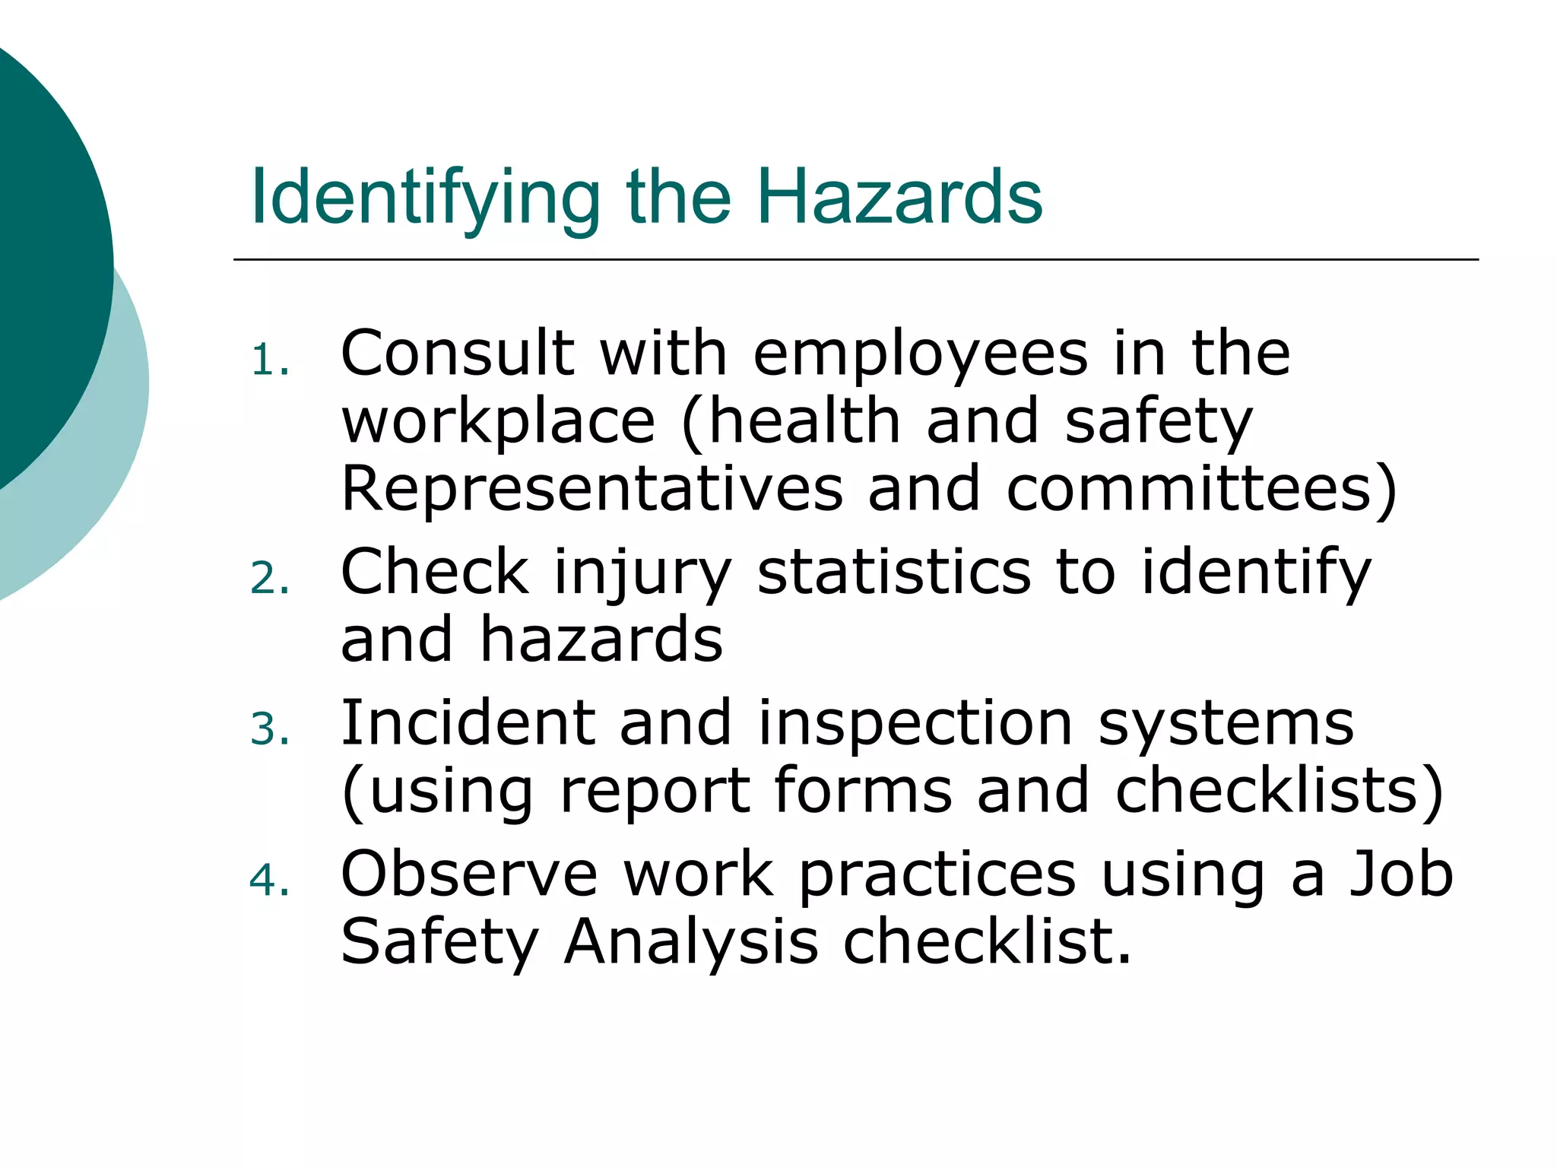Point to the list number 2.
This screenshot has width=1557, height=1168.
[269, 579]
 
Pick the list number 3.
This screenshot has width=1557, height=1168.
[269, 730]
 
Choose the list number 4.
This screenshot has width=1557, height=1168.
[269, 881]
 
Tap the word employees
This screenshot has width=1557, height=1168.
[921, 353]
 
